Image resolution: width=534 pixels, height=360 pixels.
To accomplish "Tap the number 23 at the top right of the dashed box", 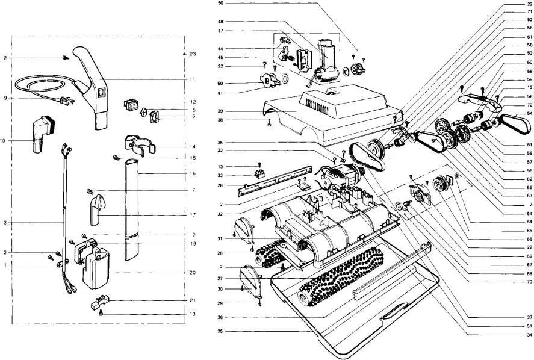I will pos(193,54).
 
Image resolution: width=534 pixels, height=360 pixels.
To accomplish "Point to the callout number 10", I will pos(3,141).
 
